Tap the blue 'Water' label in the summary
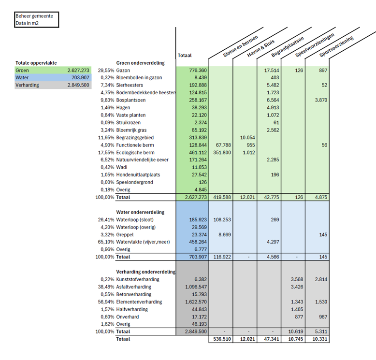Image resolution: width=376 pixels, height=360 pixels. click(22, 77)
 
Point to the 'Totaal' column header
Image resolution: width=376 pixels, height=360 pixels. click(185, 56)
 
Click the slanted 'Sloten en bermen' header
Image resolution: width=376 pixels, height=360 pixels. click(240, 47)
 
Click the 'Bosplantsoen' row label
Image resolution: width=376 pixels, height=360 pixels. click(131, 100)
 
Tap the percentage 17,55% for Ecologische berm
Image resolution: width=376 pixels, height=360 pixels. click(106, 152)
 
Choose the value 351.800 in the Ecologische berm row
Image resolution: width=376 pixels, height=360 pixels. click(220, 152)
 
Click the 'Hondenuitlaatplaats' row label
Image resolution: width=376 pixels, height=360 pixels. click(138, 174)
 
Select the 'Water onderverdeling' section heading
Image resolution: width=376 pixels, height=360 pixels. click(140, 212)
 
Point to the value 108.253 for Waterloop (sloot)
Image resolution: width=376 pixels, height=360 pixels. click(220, 219)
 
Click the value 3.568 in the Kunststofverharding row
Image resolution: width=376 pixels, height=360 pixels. click(296, 279)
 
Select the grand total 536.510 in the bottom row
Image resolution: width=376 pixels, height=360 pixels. click(220, 339)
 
